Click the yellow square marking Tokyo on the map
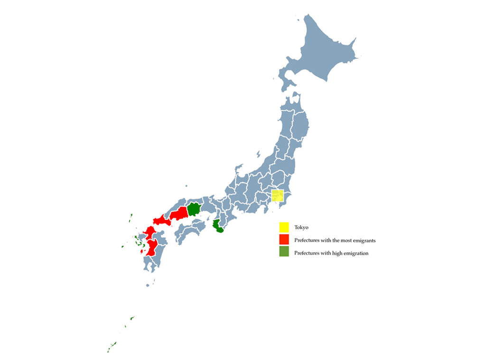[x=277, y=195]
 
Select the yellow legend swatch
[x=284, y=227]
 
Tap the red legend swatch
[x=284, y=240]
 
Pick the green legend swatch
[x=284, y=252]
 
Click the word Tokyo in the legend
[x=301, y=228]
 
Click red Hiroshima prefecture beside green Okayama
[x=179, y=213]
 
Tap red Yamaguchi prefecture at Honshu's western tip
[x=161, y=221]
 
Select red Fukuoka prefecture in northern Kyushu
[x=150, y=232]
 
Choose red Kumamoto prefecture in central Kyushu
[x=153, y=248]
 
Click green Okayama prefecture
[x=194, y=209]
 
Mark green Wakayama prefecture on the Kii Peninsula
[x=218, y=227]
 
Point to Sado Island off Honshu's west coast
[x=259, y=154]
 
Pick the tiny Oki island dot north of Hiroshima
[x=187, y=186]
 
